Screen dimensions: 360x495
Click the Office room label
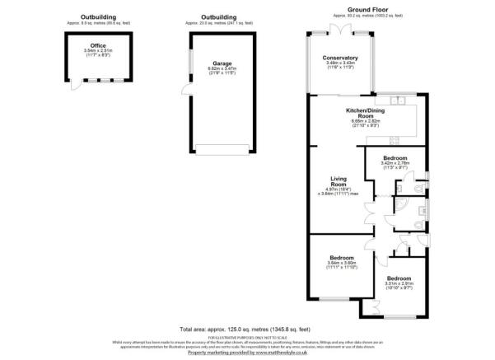97,46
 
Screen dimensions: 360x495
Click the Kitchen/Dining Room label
362,113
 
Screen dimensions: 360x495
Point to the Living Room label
337,180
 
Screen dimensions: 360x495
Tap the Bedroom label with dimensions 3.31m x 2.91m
400,278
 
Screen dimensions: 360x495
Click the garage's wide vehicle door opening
219,148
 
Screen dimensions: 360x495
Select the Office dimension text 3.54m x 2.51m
97,51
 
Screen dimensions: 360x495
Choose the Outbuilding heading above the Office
98,16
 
